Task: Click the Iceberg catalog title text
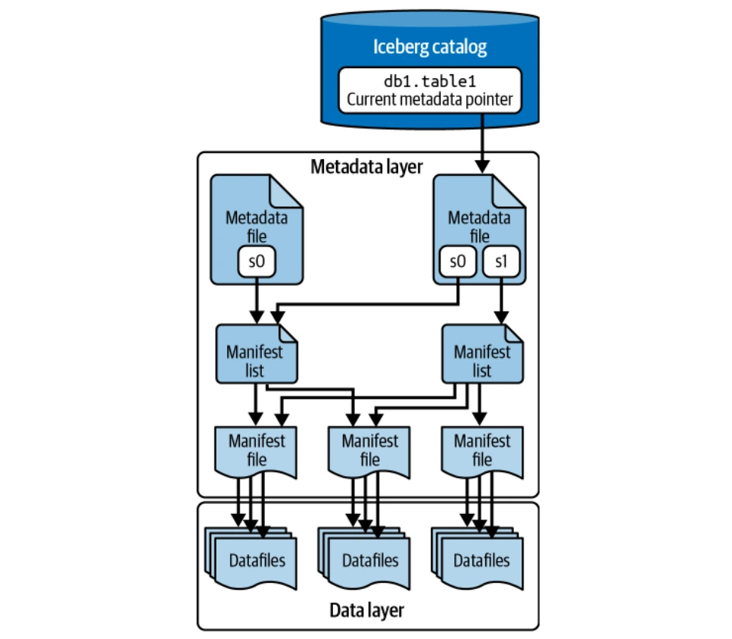point(429,47)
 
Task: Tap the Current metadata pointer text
point(429,99)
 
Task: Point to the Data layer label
point(366,610)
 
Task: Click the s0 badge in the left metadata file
point(258,262)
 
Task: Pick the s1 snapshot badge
point(499,262)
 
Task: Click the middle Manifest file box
point(369,449)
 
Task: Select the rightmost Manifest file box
point(481,449)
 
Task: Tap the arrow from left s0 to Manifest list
point(258,299)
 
